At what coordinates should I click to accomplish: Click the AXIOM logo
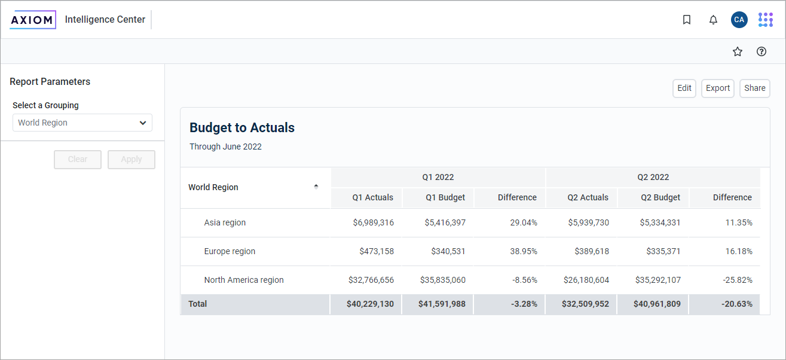(x=33, y=20)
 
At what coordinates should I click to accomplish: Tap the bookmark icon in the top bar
(x=687, y=20)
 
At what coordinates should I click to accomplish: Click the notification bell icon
(x=713, y=20)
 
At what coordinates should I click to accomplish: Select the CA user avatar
(x=739, y=20)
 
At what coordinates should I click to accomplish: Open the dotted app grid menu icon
(x=765, y=20)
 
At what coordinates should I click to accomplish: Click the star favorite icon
(x=738, y=51)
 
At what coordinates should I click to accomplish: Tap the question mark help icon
(x=761, y=51)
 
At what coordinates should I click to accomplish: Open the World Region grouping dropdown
(x=82, y=123)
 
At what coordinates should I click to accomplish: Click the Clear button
(x=78, y=160)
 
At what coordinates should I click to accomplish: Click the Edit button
(x=684, y=89)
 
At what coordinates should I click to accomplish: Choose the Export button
(x=718, y=89)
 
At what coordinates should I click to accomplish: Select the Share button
(x=755, y=89)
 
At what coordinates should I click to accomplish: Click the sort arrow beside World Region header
(x=316, y=187)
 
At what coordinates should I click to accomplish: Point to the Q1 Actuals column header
(x=372, y=197)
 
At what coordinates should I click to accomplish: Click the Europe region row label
(x=230, y=251)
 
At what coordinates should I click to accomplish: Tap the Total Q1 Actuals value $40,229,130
(x=370, y=304)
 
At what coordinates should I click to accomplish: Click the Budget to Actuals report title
(x=242, y=127)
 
